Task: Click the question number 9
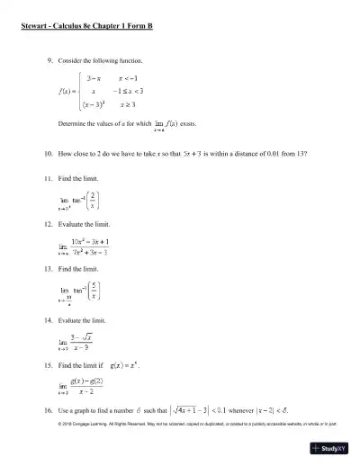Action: coord(49,60)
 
